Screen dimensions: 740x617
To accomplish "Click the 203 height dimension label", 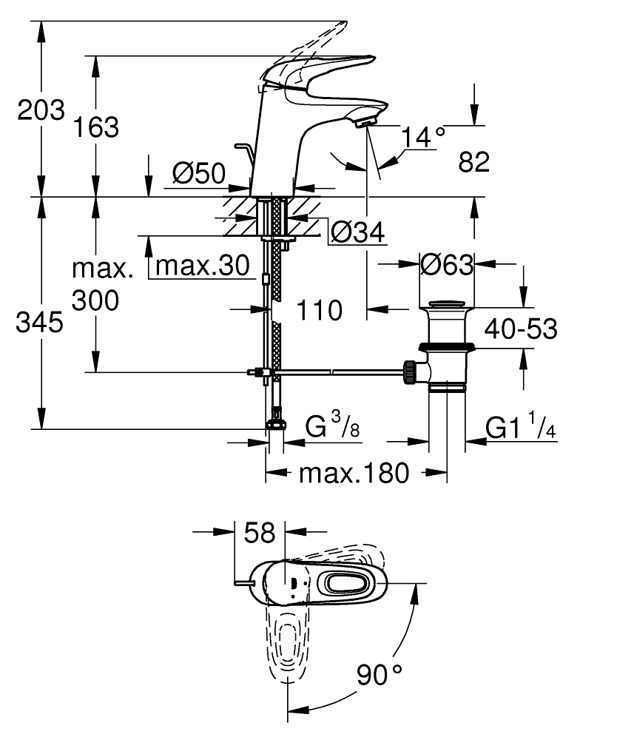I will pyautogui.click(x=41, y=111).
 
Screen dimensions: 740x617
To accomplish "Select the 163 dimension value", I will pyautogui.click(x=95, y=127).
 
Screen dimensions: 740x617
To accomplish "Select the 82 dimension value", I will pyautogui.click(x=474, y=162).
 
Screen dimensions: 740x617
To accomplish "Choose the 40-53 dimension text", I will pyautogui.click(x=521, y=329).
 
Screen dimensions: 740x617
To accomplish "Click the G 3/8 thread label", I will pyautogui.click(x=332, y=427).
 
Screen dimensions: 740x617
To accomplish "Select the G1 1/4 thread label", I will pyautogui.click(x=521, y=428).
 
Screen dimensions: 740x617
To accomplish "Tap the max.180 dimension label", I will pyautogui.click(x=353, y=473).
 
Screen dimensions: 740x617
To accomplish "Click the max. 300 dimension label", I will pyautogui.click(x=103, y=285).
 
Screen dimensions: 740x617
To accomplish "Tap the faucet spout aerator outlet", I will pyautogui.click(x=366, y=122).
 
